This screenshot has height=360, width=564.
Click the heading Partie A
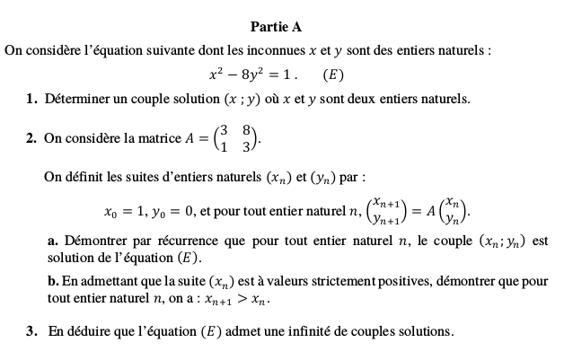tap(282, 27)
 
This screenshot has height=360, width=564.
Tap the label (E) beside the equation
tap(332, 75)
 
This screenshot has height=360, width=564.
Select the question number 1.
tap(31, 99)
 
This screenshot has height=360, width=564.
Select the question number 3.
tap(31, 331)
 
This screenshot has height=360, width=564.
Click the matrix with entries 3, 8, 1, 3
tap(238, 137)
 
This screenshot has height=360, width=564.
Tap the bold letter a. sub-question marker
tap(50, 241)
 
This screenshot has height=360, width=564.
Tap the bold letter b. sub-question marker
tap(51, 282)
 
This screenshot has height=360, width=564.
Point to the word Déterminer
tap(76, 99)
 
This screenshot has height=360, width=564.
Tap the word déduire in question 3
tap(87, 331)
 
